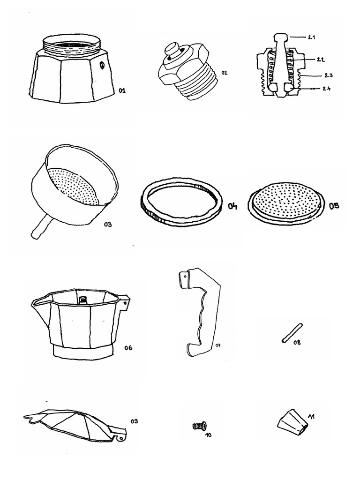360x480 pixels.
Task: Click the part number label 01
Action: [x=122, y=90]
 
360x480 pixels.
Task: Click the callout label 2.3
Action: [x=328, y=75]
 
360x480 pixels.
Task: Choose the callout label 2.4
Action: [x=327, y=89]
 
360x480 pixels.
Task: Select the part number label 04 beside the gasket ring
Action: [x=232, y=207]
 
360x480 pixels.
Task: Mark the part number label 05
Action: [x=334, y=206]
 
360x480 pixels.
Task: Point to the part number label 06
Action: [x=128, y=348]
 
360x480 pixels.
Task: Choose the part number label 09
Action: [x=134, y=421]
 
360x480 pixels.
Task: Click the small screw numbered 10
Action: [x=199, y=426]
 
